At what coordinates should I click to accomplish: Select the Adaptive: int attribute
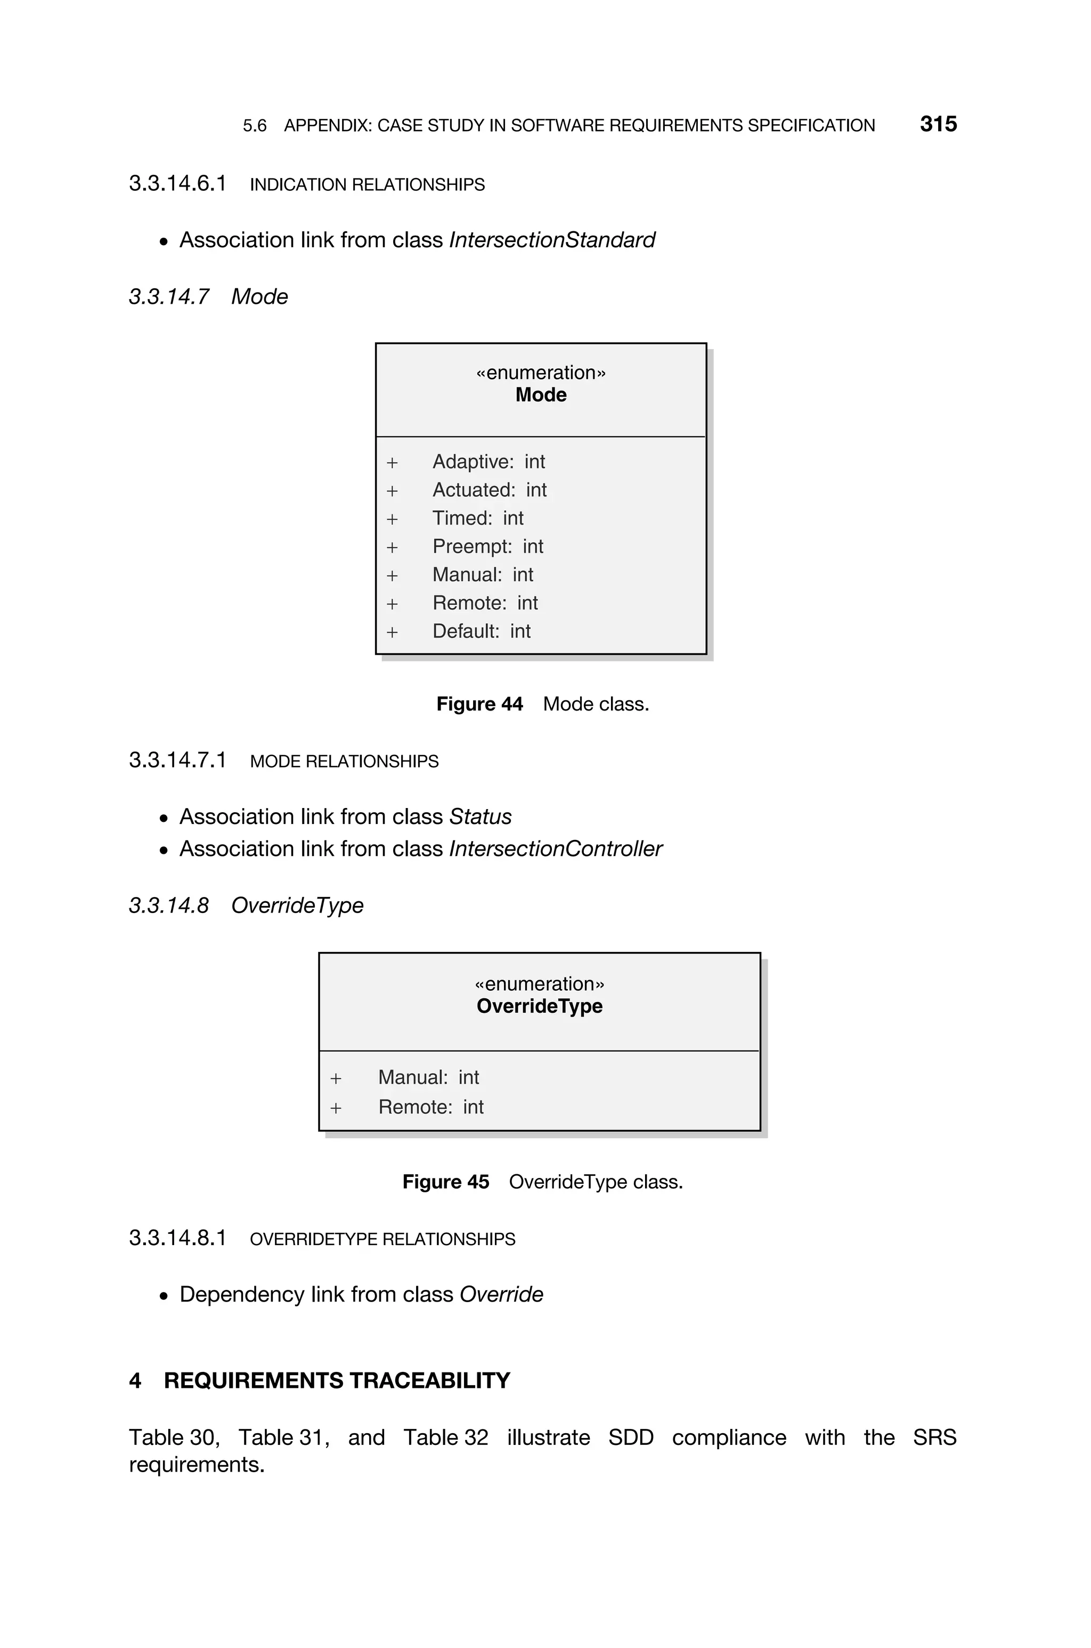click(x=488, y=462)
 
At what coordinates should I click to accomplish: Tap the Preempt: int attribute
click(x=487, y=546)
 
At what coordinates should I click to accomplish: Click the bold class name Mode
click(x=541, y=395)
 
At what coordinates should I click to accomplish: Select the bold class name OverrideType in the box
click(x=539, y=1006)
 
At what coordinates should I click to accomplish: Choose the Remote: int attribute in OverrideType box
click(x=430, y=1107)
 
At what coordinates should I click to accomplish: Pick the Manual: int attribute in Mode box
click(x=482, y=575)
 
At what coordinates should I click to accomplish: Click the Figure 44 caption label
click(x=479, y=704)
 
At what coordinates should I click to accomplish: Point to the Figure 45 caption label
click(x=445, y=1182)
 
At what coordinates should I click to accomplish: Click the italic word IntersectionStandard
click(x=552, y=240)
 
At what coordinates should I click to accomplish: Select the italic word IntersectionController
click(x=555, y=849)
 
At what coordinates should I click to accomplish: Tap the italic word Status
click(x=480, y=817)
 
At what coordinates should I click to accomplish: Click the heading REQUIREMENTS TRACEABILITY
click(x=337, y=1381)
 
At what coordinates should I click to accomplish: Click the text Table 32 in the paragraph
click(x=445, y=1438)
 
